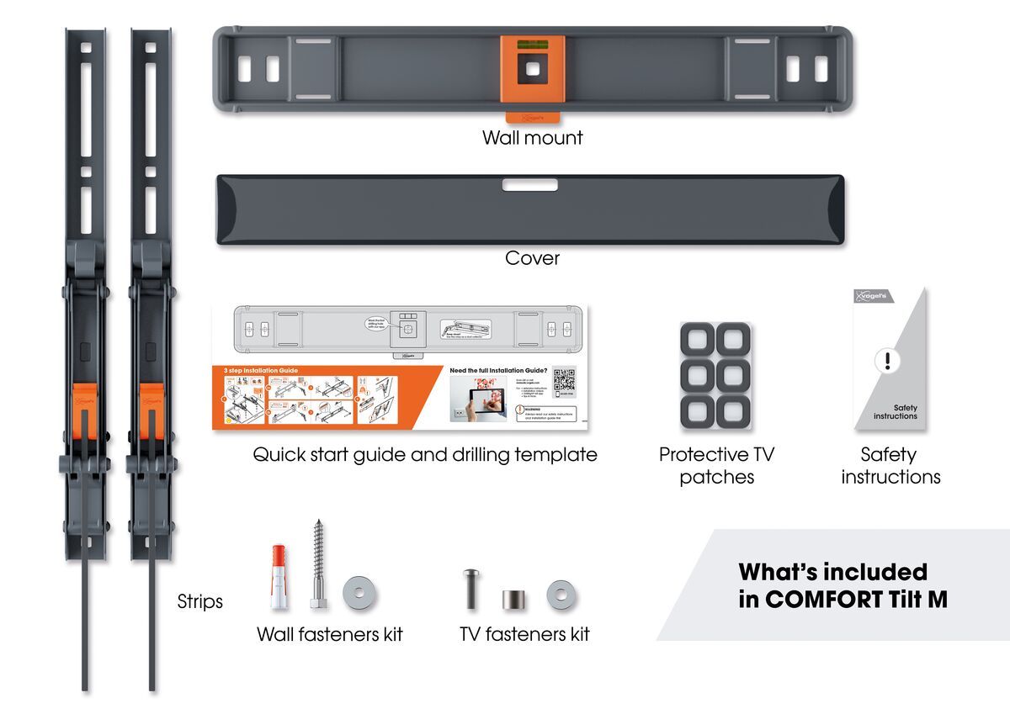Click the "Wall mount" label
pos(532,137)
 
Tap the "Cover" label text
pos(532,257)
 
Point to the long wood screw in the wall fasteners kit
pos(317,564)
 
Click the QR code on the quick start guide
pos(564,380)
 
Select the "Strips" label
pos(200,601)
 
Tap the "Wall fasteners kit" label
pos(330,634)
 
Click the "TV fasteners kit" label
pos(524,634)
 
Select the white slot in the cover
pos(530,184)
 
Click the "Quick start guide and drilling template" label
pos(425,455)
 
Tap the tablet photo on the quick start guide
pos(476,399)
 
